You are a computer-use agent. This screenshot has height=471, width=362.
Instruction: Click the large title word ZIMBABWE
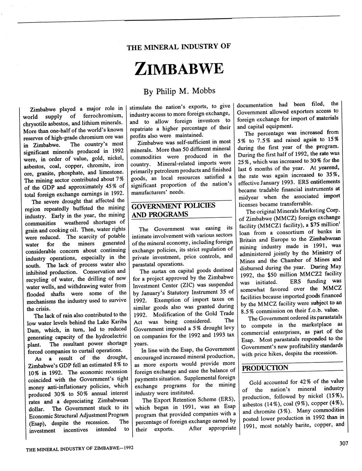click(179, 68)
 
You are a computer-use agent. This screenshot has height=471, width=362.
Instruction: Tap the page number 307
click(343, 443)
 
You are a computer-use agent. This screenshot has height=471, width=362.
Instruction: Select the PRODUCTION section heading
click(265, 368)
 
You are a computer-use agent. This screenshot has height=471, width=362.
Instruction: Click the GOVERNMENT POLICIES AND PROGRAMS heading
click(173, 210)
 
